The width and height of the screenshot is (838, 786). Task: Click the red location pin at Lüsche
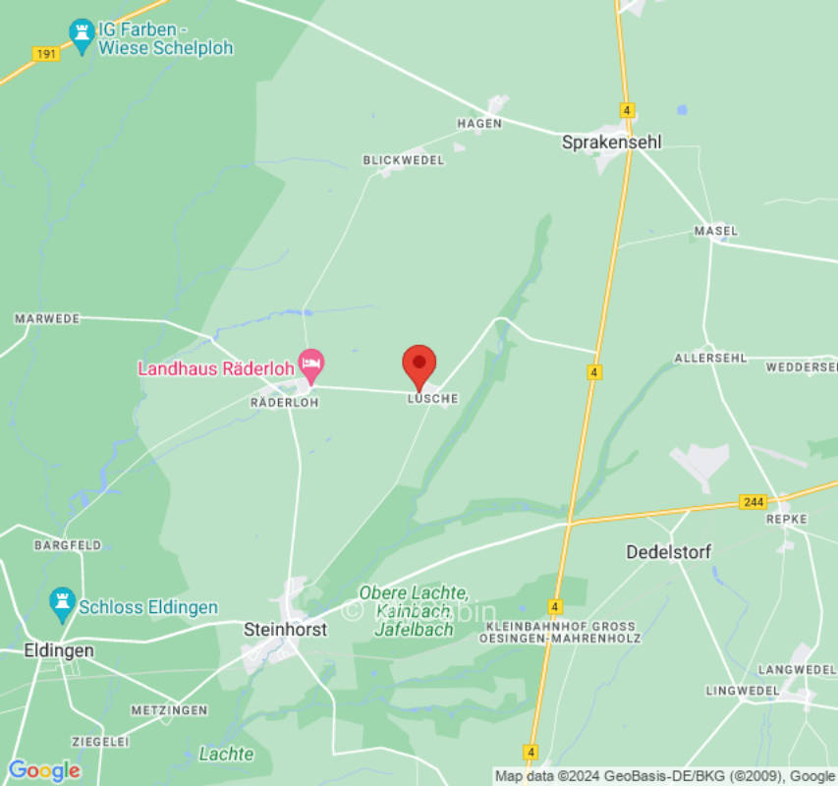[x=419, y=366]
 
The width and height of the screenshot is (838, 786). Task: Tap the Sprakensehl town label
[x=611, y=142]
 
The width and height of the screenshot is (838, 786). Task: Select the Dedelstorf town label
[x=668, y=552]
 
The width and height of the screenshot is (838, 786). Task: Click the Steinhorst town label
[x=285, y=629]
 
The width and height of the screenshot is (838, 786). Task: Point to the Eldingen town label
[x=59, y=650]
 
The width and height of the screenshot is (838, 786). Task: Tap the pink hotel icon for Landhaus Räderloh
[x=311, y=366]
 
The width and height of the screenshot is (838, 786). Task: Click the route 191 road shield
[x=45, y=54]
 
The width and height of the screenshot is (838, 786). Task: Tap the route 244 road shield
[x=753, y=502]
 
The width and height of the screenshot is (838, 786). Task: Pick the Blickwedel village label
[x=404, y=159]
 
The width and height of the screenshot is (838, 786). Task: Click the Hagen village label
[x=479, y=124]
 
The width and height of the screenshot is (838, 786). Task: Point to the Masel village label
[x=715, y=231]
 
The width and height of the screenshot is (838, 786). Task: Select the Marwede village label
[x=47, y=319]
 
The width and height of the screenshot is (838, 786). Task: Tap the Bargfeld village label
[x=68, y=544]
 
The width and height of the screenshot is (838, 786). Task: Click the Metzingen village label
[x=169, y=709]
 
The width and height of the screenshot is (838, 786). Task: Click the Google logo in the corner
[x=44, y=770]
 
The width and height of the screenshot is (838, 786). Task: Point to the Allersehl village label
[x=710, y=358]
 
